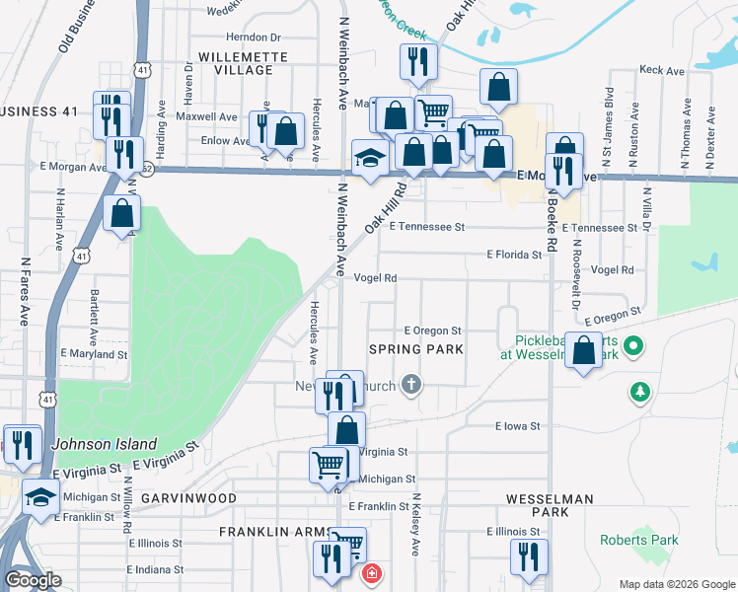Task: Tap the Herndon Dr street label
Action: (x=255, y=37)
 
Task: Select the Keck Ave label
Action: (x=662, y=71)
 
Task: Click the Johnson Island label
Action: (x=92, y=443)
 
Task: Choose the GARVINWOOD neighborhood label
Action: (x=188, y=498)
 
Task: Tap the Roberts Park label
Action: (x=639, y=540)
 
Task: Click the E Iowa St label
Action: (x=518, y=427)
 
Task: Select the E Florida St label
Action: (x=515, y=255)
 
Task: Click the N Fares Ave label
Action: (x=25, y=292)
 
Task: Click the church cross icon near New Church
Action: (x=410, y=386)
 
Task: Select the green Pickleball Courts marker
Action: (x=635, y=347)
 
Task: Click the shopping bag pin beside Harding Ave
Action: (x=121, y=213)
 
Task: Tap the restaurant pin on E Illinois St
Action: (x=529, y=556)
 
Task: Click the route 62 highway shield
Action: (x=147, y=168)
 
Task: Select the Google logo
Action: (x=33, y=580)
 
